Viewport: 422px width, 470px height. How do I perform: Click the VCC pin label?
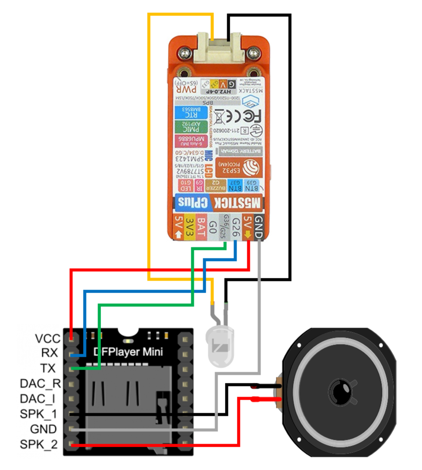point(47,339)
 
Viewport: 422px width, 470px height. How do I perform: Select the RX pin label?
point(50,353)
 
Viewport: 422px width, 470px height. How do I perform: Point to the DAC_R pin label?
point(40,383)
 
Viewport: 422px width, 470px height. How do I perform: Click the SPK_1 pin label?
point(39,414)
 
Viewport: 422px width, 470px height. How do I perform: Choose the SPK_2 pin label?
point(39,444)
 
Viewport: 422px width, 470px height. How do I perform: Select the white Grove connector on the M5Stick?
point(215,50)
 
